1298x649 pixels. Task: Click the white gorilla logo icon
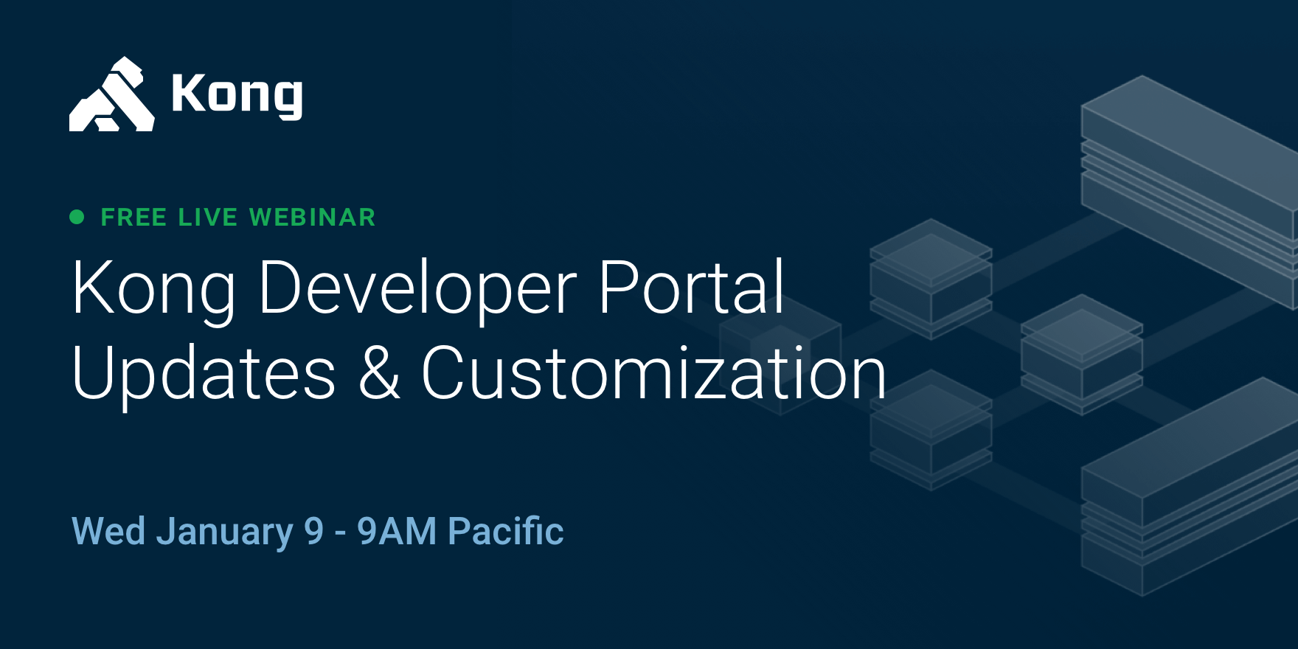coord(111,95)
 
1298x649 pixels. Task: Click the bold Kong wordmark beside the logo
coord(237,94)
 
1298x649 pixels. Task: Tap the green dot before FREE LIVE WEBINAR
coord(77,217)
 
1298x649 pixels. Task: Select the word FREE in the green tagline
coord(133,218)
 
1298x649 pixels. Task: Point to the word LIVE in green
coord(208,218)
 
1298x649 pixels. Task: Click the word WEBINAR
coord(312,218)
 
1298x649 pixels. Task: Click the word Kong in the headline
coord(153,289)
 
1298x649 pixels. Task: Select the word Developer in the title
coord(417,289)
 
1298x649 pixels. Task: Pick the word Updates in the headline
coord(204,374)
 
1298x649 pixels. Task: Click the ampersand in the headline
coord(379,374)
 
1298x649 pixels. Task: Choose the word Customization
coord(653,374)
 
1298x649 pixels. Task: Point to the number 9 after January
coord(314,531)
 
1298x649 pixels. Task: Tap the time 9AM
coord(397,531)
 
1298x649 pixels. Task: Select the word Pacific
coord(506,531)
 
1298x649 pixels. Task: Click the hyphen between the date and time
coord(340,532)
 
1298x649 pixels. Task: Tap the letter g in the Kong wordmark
coord(288,98)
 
